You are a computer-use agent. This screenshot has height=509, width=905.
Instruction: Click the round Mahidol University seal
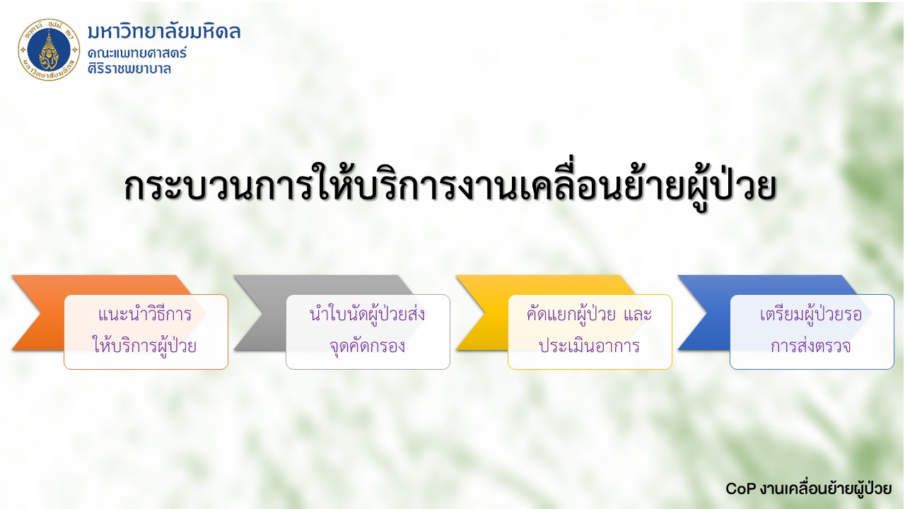pyautogui.click(x=49, y=49)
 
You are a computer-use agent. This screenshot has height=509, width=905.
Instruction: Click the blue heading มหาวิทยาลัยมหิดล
pyautogui.click(x=164, y=32)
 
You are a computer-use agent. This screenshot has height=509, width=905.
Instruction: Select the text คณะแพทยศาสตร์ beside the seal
pyautogui.click(x=137, y=53)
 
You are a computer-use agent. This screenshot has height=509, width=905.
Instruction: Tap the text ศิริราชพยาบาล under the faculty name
pyautogui.click(x=129, y=69)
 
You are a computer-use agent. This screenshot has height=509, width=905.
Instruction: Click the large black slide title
pyautogui.click(x=450, y=187)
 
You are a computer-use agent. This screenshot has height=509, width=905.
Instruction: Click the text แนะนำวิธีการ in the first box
pyautogui.click(x=145, y=315)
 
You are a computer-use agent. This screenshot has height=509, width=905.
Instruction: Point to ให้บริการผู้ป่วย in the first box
pyautogui.click(x=145, y=346)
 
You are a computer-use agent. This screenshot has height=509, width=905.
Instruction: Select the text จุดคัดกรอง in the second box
pyautogui.click(x=367, y=346)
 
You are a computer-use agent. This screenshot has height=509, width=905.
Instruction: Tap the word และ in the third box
pyautogui.click(x=638, y=315)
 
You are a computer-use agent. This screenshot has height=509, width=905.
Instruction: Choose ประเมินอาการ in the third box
pyautogui.click(x=590, y=346)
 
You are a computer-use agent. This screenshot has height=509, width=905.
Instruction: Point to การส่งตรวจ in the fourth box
pyautogui.click(x=811, y=346)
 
